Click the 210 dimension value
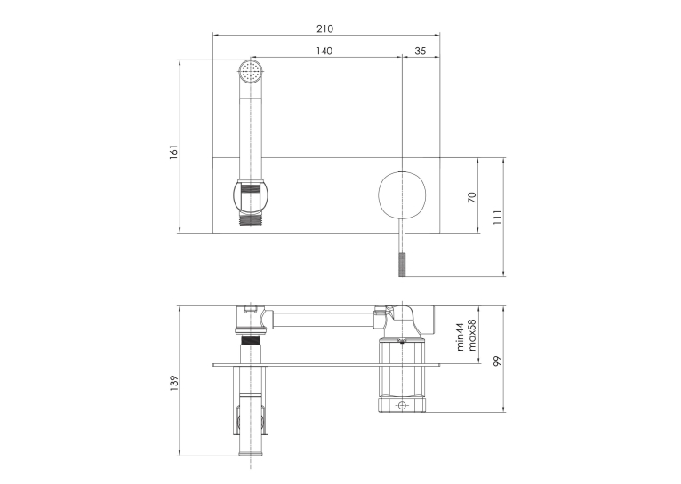coord(324,28)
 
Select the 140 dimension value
coord(324,52)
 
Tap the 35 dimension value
coord(420,52)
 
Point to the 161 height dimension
coord(173,152)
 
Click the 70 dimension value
coord(472,197)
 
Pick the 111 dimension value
coord(497,217)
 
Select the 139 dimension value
coord(173,383)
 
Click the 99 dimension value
coord(497,361)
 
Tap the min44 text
coord(461,336)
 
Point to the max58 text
coord(472,335)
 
